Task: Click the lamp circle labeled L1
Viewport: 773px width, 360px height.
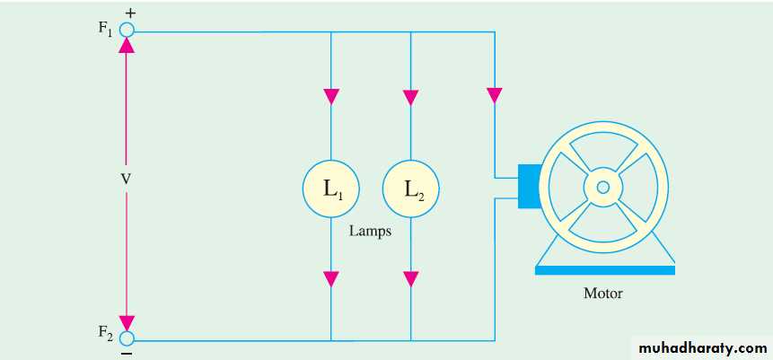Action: click(331, 189)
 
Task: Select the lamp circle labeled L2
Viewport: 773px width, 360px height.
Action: click(411, 189)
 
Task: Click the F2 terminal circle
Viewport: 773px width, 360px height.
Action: click(127, 339)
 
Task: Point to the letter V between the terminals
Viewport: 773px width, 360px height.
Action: click(126, 180)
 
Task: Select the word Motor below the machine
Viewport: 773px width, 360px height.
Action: click(602, 293)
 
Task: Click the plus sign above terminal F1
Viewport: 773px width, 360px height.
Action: click(131, 13)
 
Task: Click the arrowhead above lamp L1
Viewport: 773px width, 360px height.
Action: click(331, 96)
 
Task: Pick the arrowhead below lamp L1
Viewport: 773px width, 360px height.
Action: click(331, 278)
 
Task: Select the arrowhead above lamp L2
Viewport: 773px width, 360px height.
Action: click(411, 96)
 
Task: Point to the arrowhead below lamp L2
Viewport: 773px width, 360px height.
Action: click(411, 278)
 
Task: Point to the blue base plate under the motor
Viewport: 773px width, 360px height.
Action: click(603, 268)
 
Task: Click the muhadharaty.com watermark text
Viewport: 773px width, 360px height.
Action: click(700, 347)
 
